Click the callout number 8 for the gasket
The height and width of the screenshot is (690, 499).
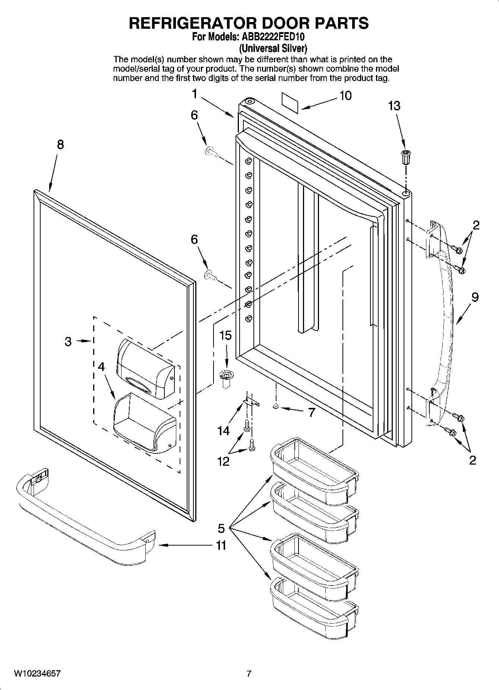pos(60,144)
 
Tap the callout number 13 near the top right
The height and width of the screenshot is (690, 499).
pos(394,106)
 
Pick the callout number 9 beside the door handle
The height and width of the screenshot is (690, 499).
pos(475,297)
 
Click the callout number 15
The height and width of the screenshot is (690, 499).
pos(225,335)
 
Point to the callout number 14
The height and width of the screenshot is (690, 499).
pos(224,431)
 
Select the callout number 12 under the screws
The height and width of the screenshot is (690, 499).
pos(224,462)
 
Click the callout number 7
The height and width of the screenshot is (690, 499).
pos(311,412)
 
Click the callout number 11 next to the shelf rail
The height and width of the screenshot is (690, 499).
pos(221,546)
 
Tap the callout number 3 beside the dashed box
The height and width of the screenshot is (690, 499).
pos(68,341)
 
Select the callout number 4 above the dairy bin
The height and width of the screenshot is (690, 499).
pos(101,367)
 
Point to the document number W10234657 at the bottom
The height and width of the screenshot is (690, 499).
pos(37,674)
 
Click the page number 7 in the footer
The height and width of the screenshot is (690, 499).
pos(249,674)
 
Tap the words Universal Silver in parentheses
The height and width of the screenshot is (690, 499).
pos(273,48)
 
